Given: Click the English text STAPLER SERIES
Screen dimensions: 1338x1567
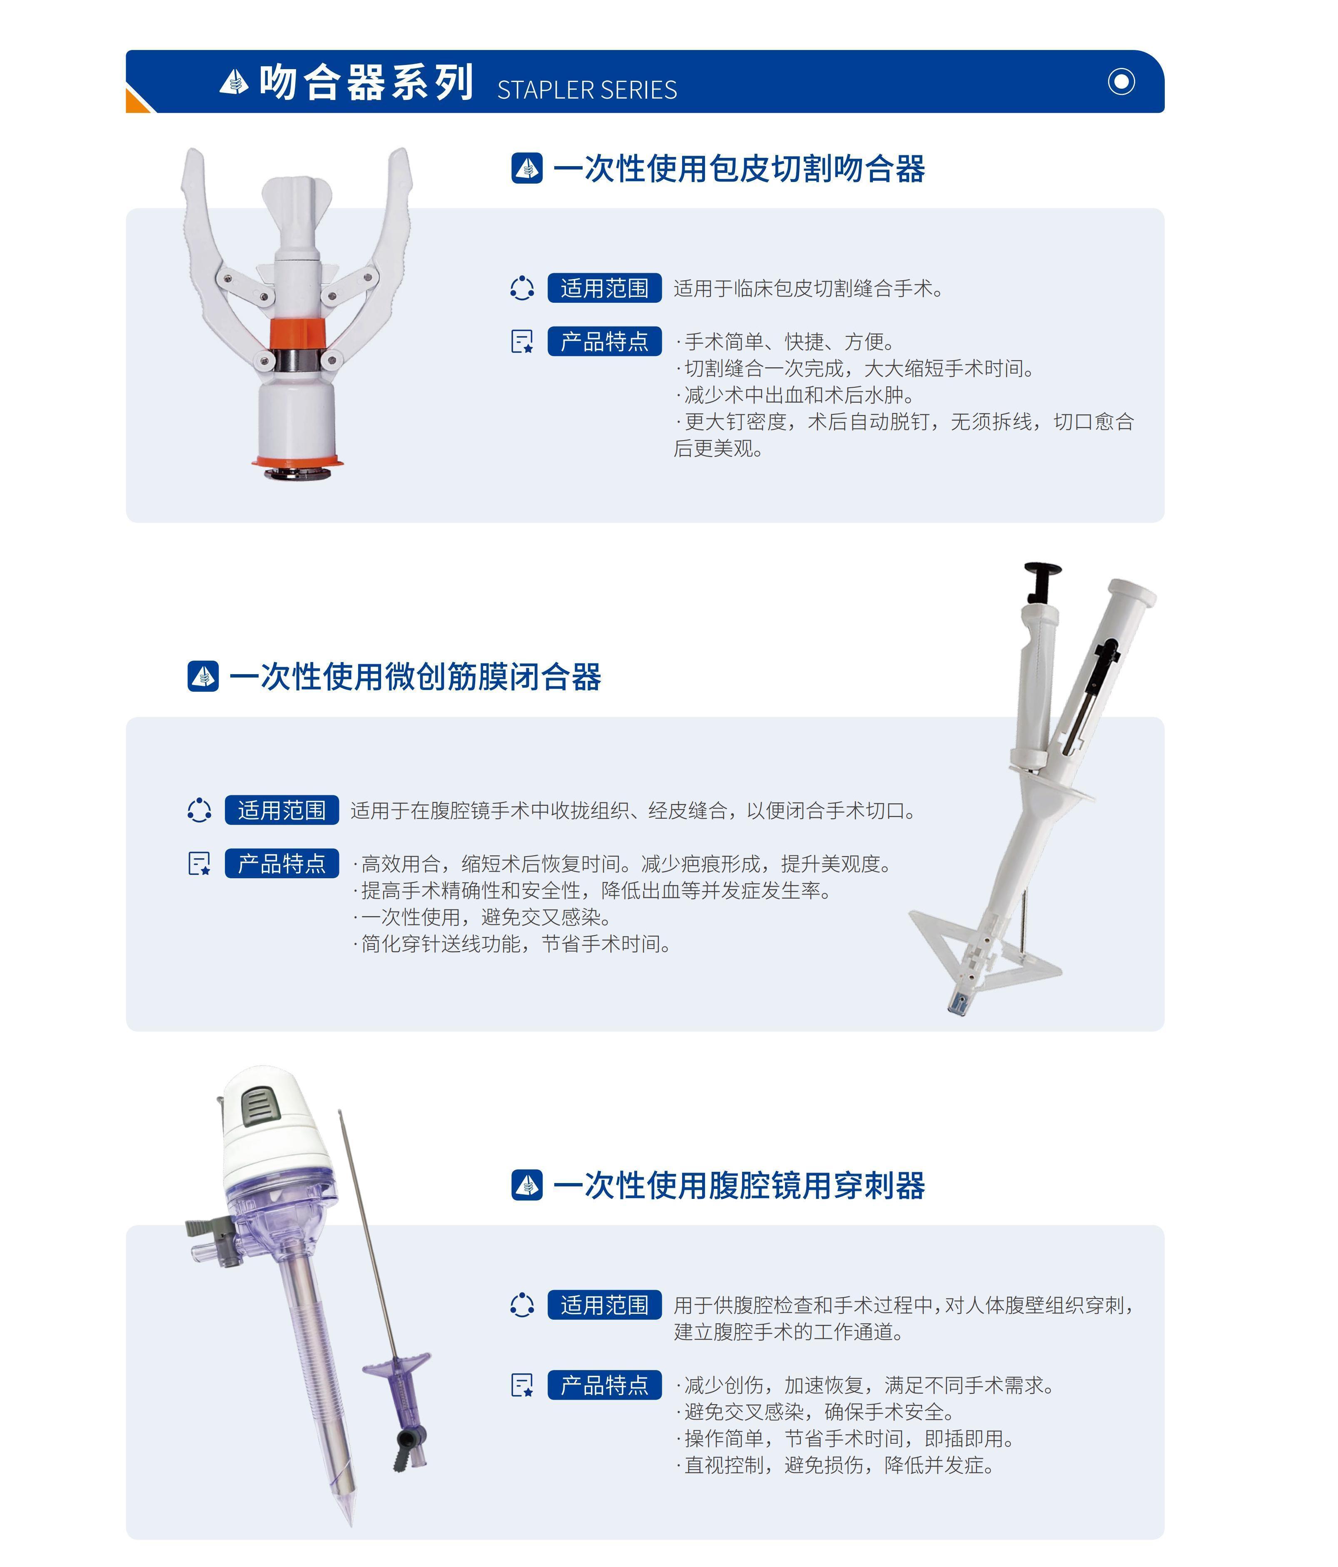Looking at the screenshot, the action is click(x=587, y=90).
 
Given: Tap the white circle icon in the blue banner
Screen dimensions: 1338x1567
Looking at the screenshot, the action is click(x=1121, y=81).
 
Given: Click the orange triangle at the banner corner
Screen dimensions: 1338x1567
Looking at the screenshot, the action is click(x=138, y=101).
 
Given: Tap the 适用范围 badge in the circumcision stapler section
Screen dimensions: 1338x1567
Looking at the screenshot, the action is click(x=604, y=288).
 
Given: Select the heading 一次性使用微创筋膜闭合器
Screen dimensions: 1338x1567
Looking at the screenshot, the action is click(x=415, y=676).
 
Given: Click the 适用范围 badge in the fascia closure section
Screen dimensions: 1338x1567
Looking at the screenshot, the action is click(x=282, y=810).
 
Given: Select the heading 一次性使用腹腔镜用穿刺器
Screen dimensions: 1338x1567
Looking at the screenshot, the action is click(x=739, y=1185).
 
